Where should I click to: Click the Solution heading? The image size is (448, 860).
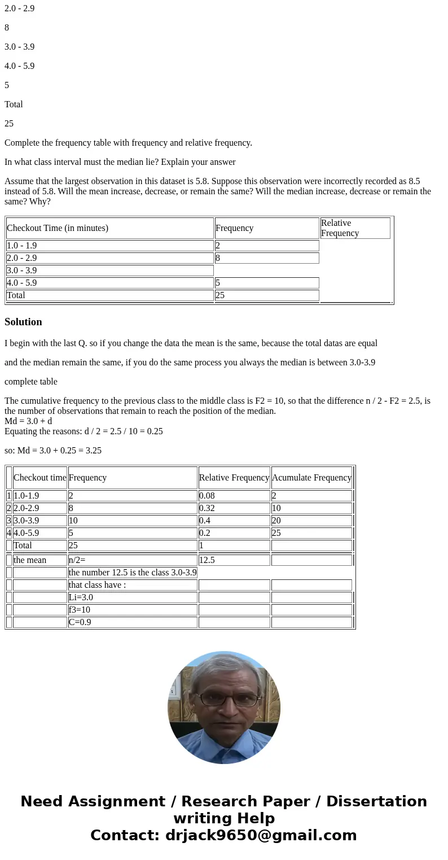23,322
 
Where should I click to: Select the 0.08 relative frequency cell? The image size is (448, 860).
234,496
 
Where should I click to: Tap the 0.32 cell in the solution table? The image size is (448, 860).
234,508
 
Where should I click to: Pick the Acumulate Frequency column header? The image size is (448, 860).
311,478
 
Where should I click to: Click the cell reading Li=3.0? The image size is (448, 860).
132,597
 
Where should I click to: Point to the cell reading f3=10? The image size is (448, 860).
132,610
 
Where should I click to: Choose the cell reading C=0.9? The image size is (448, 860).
132,622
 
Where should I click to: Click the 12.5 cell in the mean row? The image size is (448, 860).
234,560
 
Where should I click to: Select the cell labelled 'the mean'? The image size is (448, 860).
39,560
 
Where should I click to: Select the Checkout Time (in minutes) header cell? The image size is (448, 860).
109,228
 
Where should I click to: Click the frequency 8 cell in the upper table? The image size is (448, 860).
266,258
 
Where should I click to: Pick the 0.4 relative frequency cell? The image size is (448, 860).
234,521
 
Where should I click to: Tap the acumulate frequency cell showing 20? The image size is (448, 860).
311,521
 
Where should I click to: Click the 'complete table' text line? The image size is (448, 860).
31,382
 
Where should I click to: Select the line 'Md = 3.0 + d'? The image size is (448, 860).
28,421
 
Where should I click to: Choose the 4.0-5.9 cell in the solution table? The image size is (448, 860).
39,533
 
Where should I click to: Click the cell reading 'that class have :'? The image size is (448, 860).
132,585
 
